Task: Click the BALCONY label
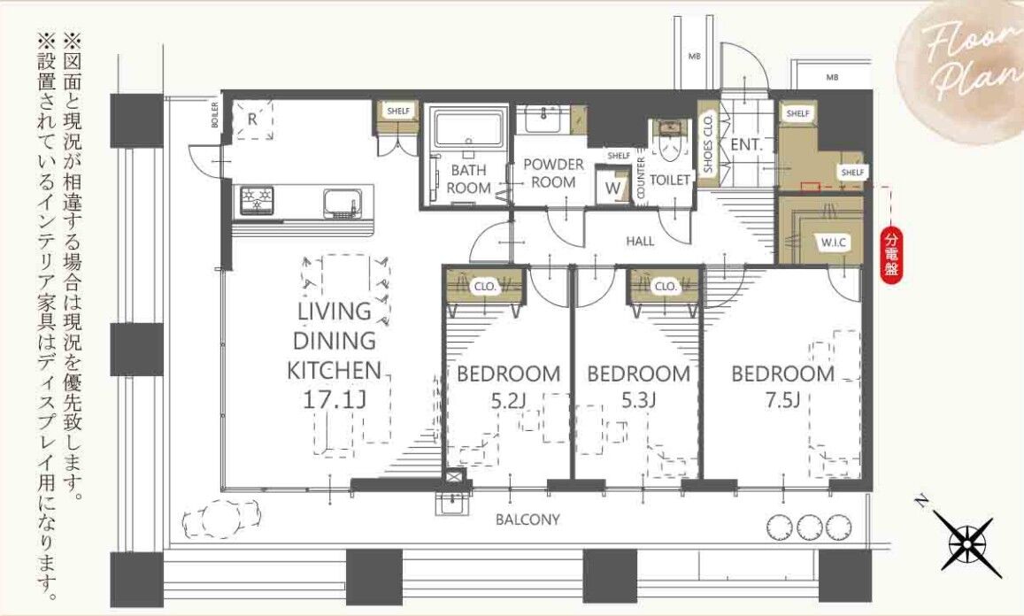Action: (x=527, y=520)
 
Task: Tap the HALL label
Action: (x=640, y=241)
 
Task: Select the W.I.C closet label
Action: (x=834, y=243)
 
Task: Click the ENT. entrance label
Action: (x=747, y=145)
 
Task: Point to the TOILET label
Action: (x=670, y=179)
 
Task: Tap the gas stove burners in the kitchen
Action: (x=258, y=200)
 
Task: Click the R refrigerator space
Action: (x=253, y=119)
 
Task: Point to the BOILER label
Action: (x=215, y=115)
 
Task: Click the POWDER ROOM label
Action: (x=554, y=173)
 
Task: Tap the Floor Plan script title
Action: (x=970, y=56)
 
